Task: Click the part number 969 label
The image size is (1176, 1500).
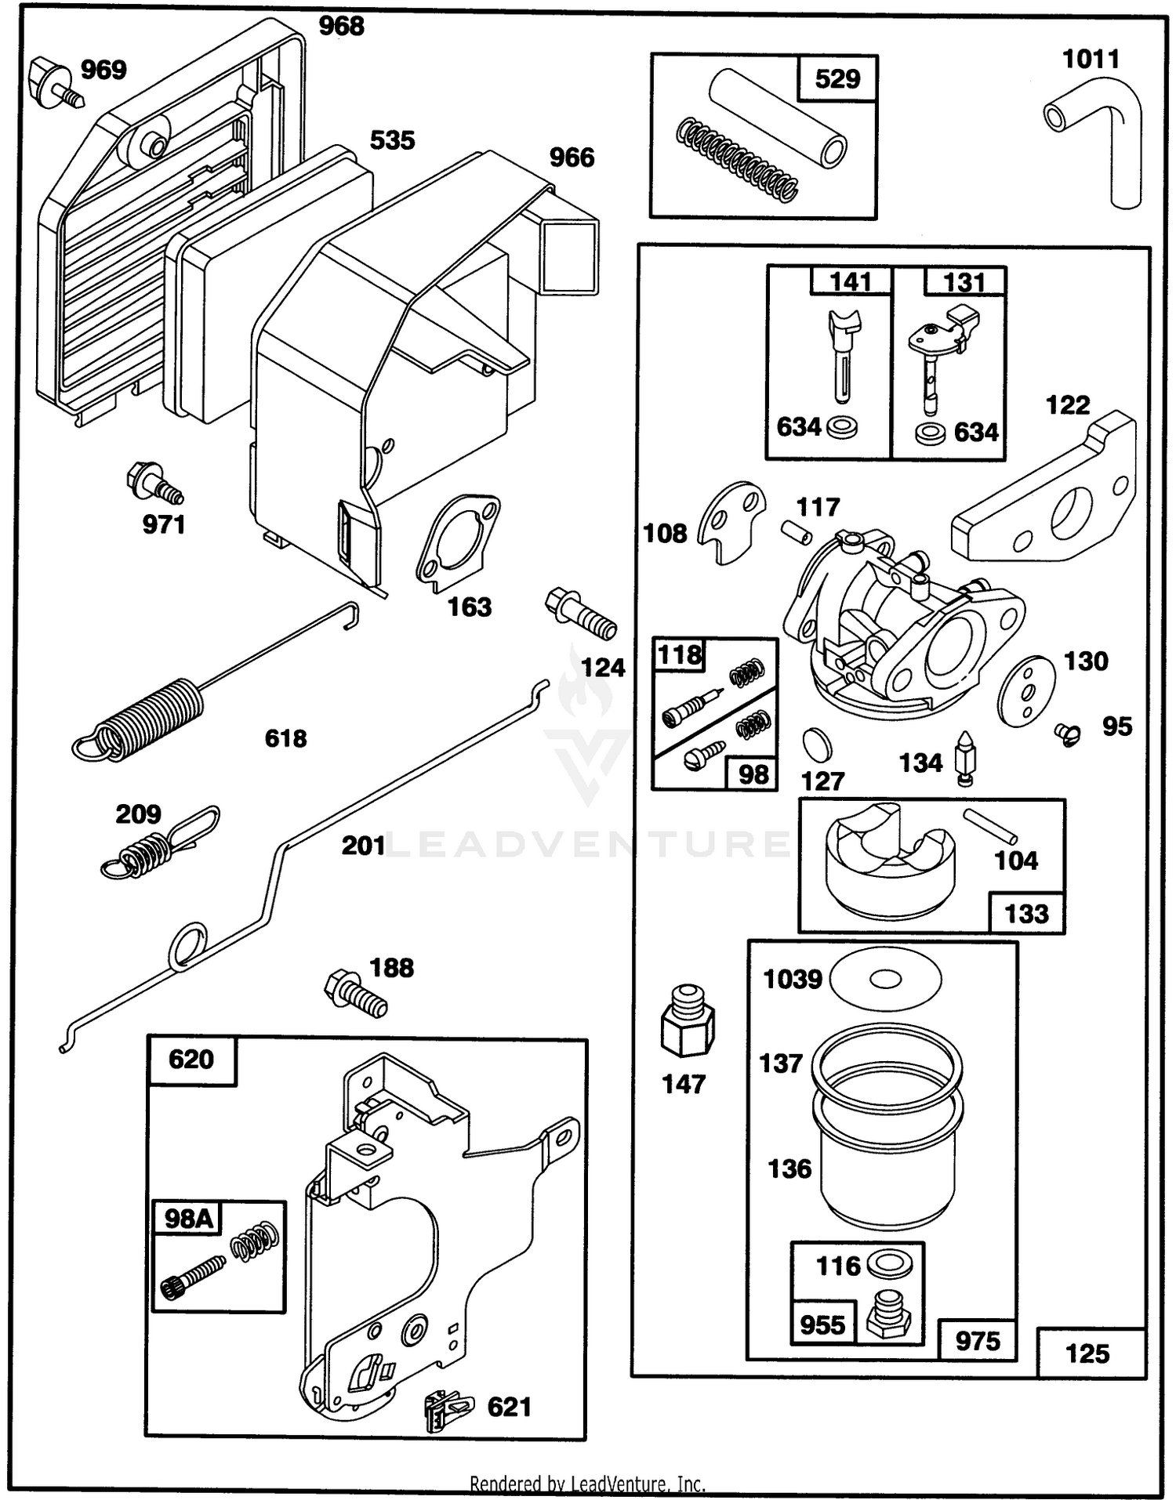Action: tap(103, 70)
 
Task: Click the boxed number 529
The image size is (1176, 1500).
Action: tap(837, 78)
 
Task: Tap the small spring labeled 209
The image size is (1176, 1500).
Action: tap(160, 842)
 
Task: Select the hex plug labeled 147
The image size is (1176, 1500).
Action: tap(688, 1021)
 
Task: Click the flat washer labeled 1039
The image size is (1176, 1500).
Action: tap(885, 979)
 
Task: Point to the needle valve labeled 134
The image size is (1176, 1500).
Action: tap(965, 758)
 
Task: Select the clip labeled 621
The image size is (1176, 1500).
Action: tap(448, 1411)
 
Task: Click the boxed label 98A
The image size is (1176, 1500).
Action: tap(188, 1219)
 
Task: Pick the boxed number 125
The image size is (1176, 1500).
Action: tap(1087, 1353)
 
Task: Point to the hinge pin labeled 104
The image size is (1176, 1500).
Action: tap(990, 825)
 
